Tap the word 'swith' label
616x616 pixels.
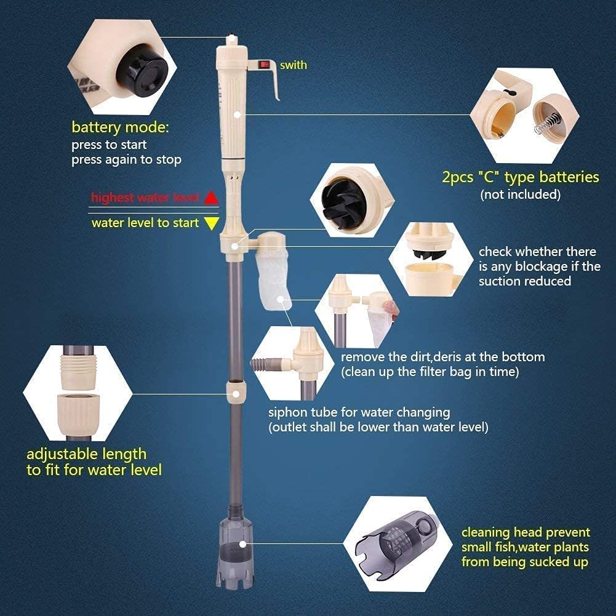(x=293, y=65)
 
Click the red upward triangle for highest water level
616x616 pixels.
(x=210, y=198)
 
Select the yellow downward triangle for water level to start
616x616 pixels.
(x=211, y=223)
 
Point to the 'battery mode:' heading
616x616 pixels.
(x=119, y=128)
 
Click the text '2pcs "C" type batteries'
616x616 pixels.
(x=520, y=177)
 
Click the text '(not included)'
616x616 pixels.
(x=520, y=194)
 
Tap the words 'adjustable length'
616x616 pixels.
(x=86, y=454)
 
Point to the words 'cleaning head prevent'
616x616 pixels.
(x=525, y=532)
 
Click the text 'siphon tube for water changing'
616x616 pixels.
(x=359, y=412)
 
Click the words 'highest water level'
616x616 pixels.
(x=145, y=198)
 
